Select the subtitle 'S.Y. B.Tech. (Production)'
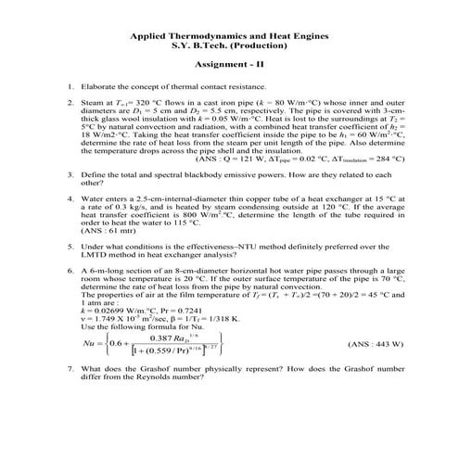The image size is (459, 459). coord(229,45)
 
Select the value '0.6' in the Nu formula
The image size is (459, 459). coord(118,369)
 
